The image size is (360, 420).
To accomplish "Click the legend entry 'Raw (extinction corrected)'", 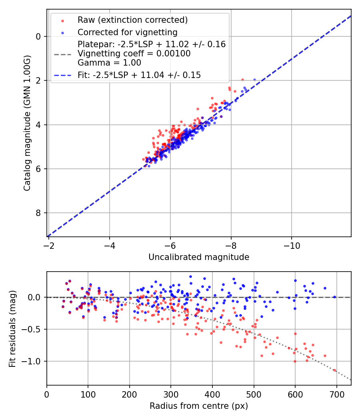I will [132, 20].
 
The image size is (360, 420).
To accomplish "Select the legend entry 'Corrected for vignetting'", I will [127, 32].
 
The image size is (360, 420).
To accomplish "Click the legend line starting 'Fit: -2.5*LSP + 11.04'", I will [139, 75].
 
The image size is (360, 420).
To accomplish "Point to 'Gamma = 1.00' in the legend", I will [109, 62].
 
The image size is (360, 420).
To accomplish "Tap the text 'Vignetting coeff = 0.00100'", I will [134, 54].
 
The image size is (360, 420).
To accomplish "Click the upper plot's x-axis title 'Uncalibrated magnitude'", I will [199, 257].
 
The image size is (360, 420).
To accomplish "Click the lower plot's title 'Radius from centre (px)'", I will [199, 406].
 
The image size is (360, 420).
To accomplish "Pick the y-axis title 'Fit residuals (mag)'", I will [12, 329].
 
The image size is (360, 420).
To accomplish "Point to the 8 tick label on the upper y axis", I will [39, 213].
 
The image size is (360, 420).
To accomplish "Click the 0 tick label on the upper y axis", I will [39, 36].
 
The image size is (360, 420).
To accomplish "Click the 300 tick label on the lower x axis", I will [171, 394].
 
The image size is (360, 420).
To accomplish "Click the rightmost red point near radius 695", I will [334, 370].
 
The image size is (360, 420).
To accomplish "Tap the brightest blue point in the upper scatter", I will [254, 80].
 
